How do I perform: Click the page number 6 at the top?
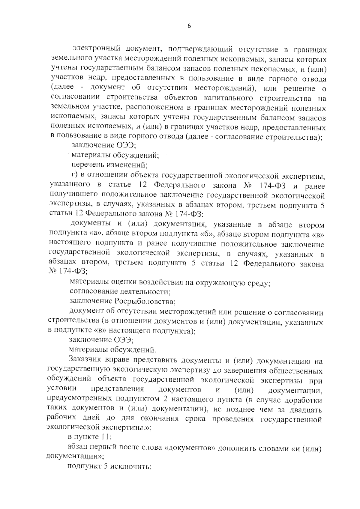coord(189,26)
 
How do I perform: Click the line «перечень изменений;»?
coord(109,165)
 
